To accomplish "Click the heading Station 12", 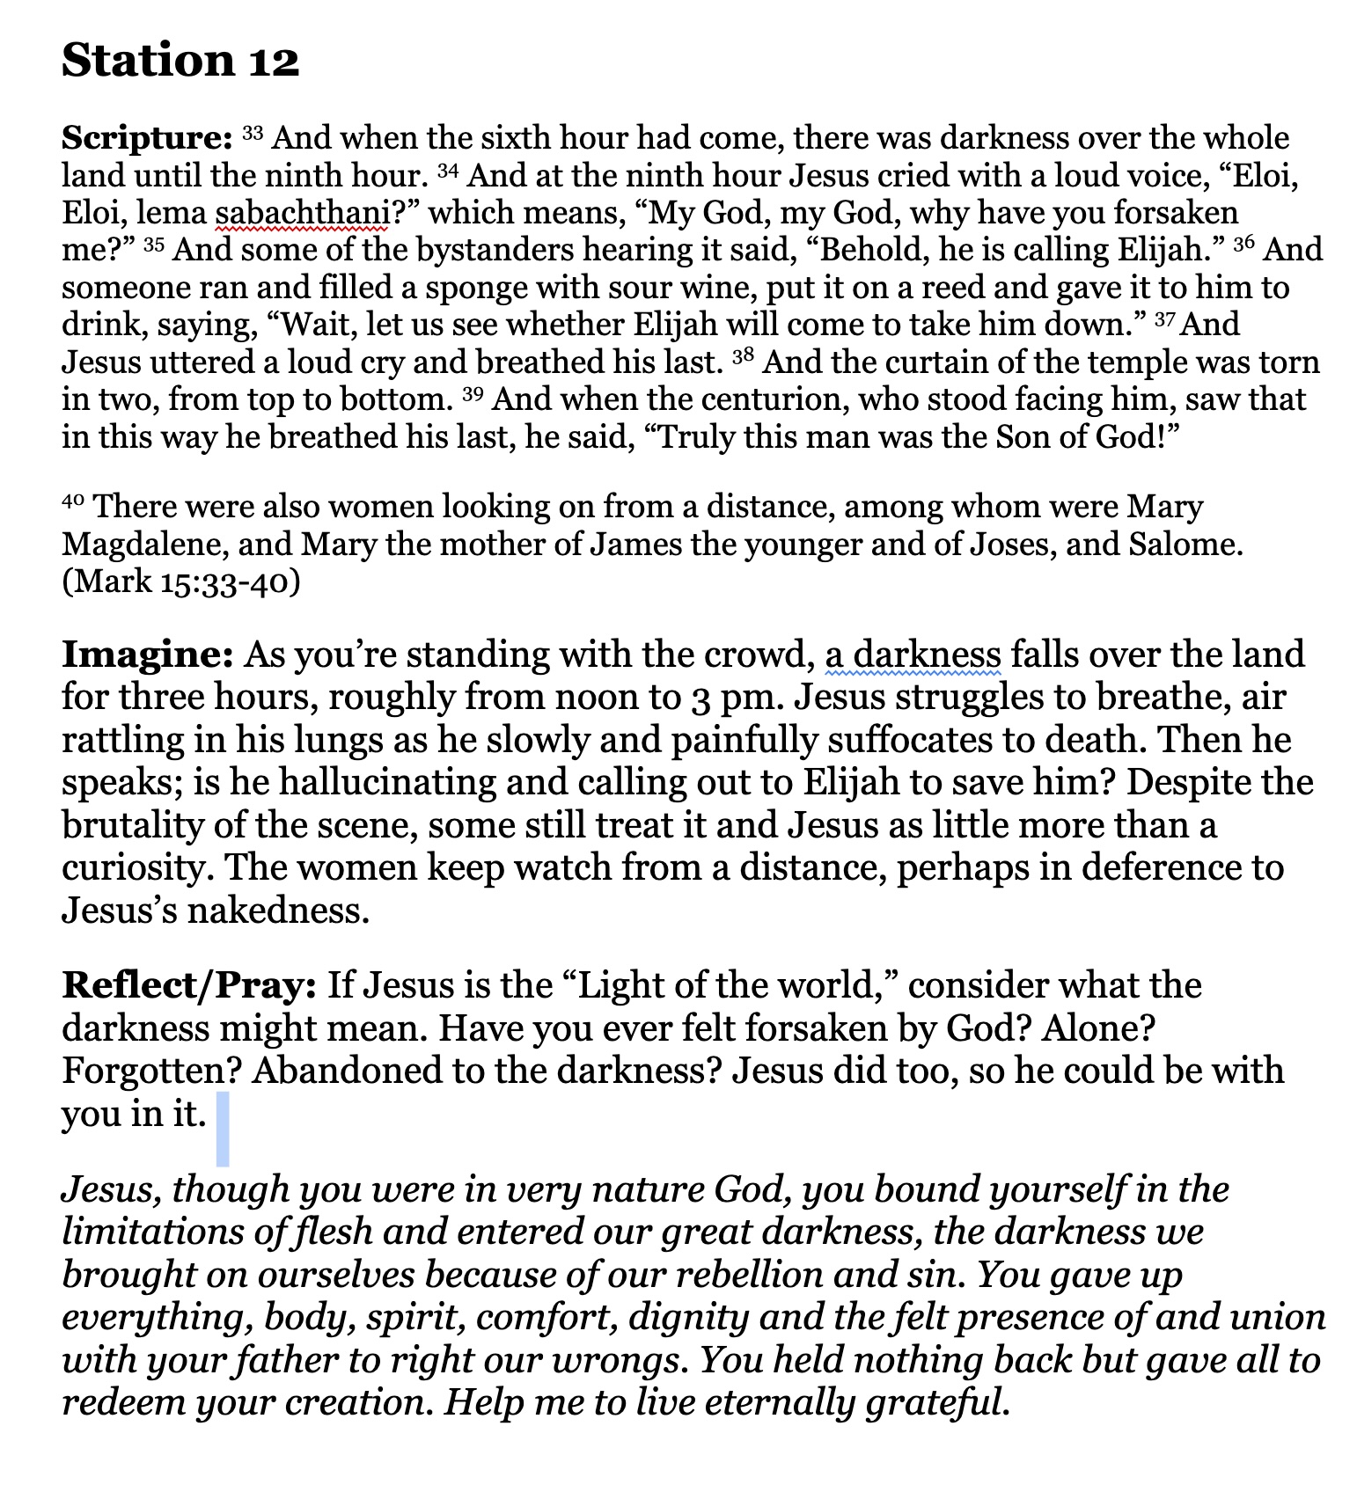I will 180,61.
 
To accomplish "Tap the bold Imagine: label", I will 147,655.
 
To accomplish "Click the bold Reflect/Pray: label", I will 188,985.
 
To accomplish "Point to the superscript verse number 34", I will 448,169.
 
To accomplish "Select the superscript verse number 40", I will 73,501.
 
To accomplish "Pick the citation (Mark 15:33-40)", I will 181,581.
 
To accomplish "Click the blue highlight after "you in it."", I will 223,1128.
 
